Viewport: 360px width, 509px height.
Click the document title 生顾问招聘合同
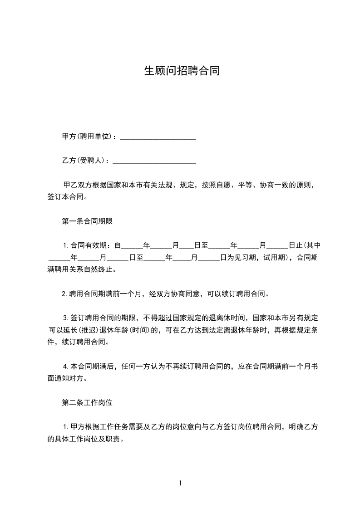pyautogui.click(x=182, y=71)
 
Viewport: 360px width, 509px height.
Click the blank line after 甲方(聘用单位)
pyautogui.click(x=158, y=137)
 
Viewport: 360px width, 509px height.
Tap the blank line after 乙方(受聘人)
pyautogui.click(x=154, y=161)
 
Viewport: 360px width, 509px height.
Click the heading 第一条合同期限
pyautogui.click(x=87, y=221)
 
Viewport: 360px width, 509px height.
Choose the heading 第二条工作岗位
pyautogui.click(x=87, y=402)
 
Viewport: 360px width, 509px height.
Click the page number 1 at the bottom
pyautogui.click(x=180, y=483)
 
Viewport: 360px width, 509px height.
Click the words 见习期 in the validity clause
pyautogui.click(x=246, y=258)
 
